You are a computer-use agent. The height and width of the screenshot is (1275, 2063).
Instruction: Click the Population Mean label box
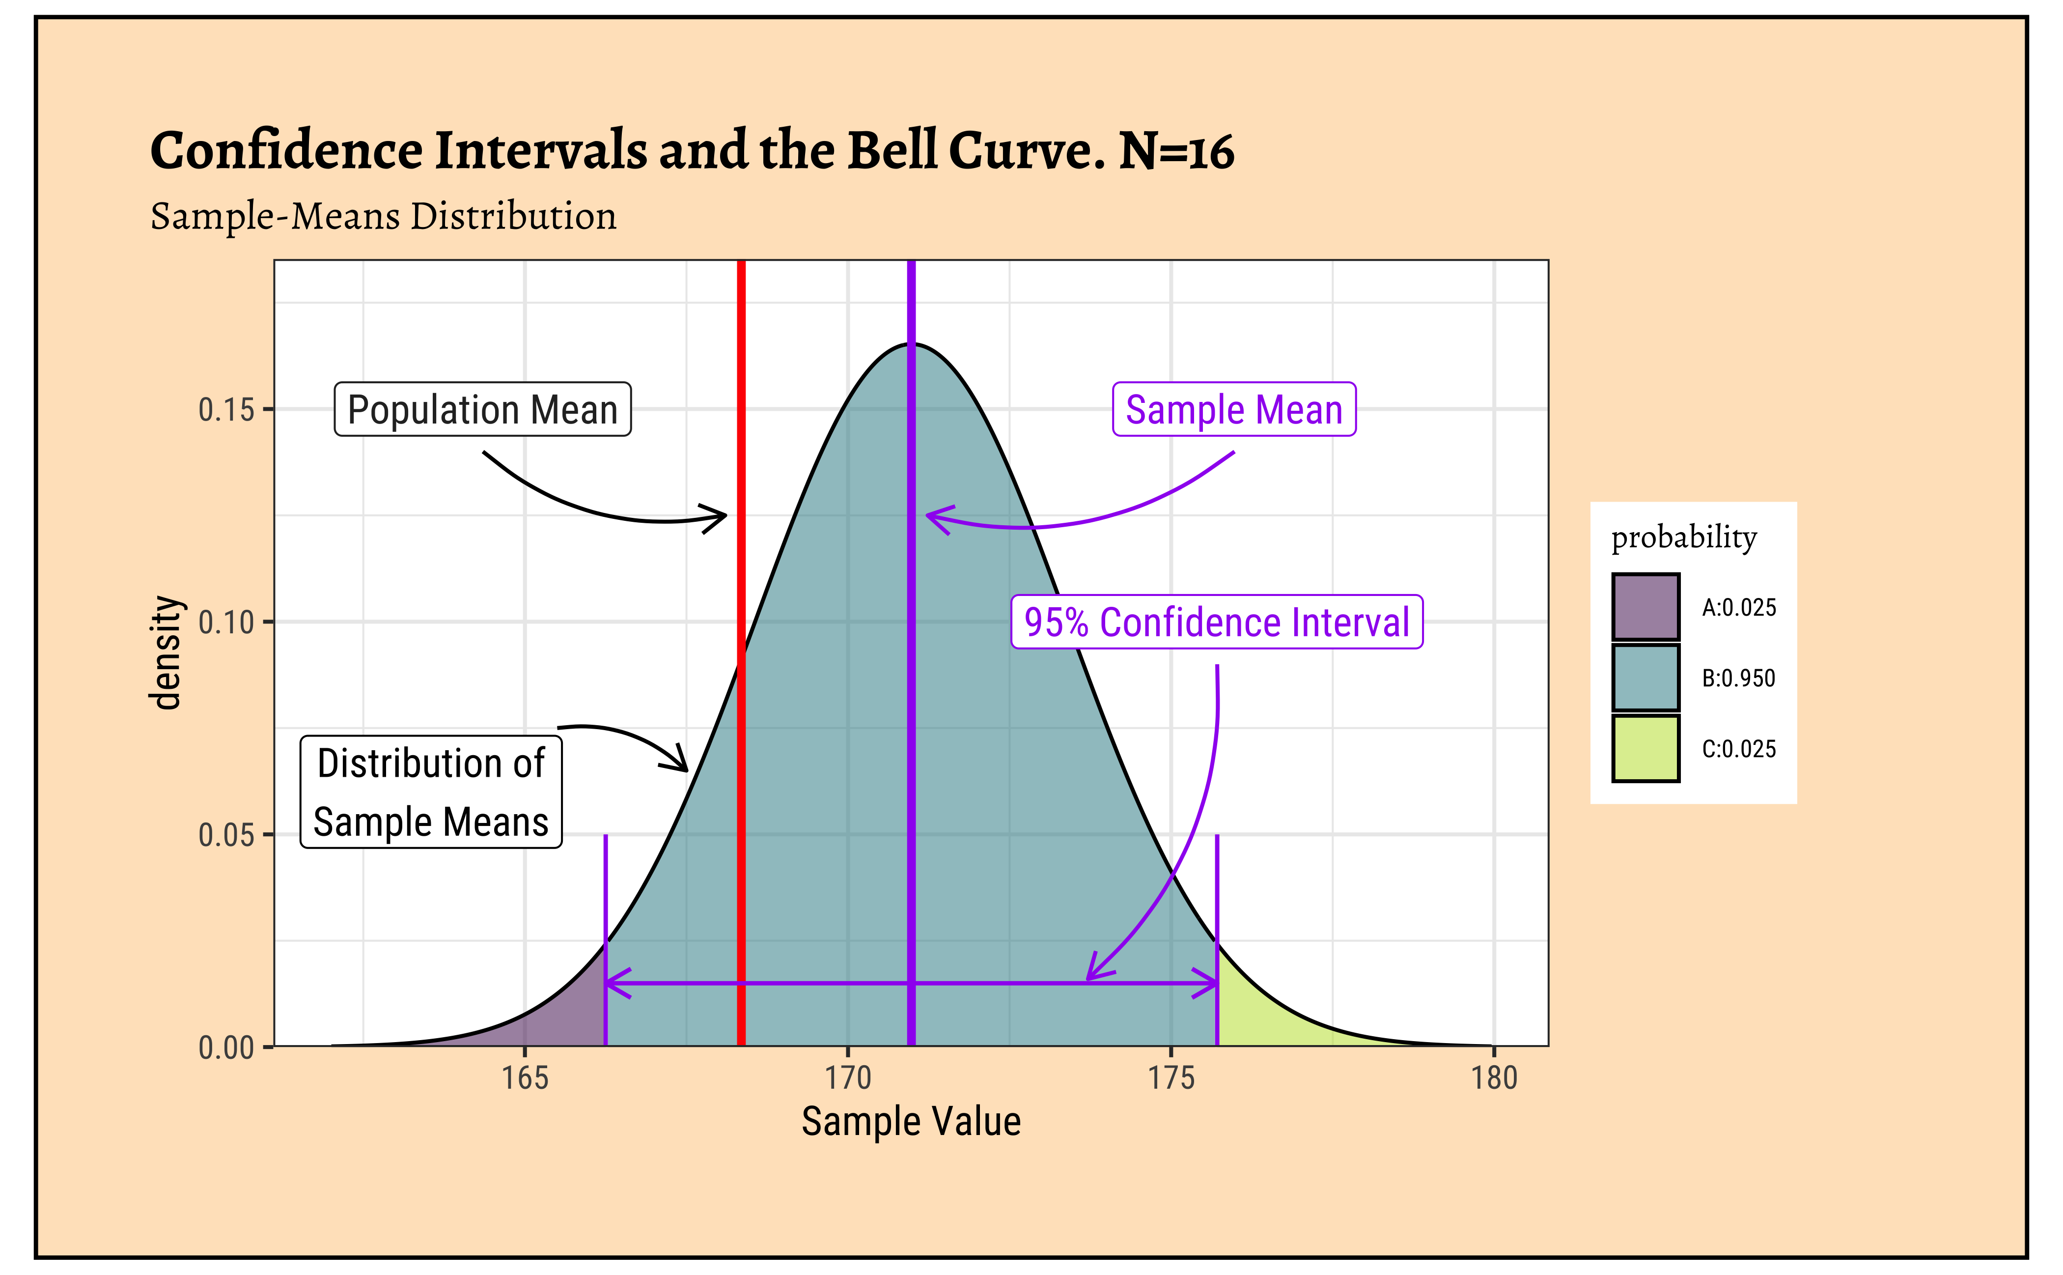(x=482, y=410)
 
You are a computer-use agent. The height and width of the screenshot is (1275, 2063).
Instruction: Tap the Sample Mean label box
(x=1233, y=410)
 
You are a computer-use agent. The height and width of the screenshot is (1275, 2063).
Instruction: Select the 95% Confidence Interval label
(x=1217, y=623)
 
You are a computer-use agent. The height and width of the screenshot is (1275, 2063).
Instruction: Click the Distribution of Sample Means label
(x=431, y=792)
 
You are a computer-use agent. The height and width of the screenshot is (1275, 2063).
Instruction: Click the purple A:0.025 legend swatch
(x=1645, y=607)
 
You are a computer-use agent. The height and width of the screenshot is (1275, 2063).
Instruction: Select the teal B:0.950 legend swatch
(x=1645, y=678)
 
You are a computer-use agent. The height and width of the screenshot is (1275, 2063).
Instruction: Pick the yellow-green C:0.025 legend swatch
(x=1645, y=749)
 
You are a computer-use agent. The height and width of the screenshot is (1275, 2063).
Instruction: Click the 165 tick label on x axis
(x=525, y=1078)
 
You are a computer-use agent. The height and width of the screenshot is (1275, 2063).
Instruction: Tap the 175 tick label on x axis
(x=1171, y=1078)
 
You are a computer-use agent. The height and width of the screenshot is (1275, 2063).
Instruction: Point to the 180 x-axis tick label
(x=1494, y=1078)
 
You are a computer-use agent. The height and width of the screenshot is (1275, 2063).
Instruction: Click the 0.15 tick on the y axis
(x=226, y=410)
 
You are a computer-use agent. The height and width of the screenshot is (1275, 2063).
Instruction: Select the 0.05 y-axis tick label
(x=226, y=835)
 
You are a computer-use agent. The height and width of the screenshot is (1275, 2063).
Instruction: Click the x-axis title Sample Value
(x=911, y=1122)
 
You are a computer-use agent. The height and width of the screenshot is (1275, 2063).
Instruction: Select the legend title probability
(x=1684, y=537)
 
